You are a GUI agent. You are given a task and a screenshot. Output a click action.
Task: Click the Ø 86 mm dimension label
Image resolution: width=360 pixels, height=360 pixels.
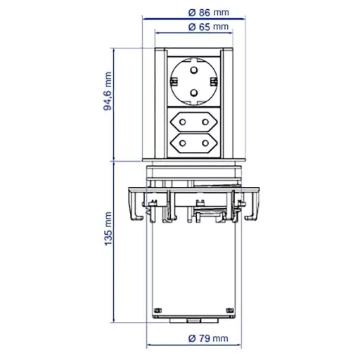pyautogui.click(x=209, y=13)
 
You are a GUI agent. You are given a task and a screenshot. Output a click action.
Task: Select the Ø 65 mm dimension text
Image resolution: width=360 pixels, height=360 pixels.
pyautogui.click(x=208, y=27)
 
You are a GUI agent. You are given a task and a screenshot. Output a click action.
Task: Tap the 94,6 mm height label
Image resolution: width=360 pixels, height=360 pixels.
pyautogui.click(x=108, y=91)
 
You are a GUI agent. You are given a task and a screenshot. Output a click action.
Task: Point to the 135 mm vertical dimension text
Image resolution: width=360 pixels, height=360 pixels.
pyautogui.click(x=108, y=229)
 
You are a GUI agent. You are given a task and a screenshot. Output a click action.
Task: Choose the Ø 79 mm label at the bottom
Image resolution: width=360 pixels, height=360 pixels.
pyautogui.click(x=208, y=338)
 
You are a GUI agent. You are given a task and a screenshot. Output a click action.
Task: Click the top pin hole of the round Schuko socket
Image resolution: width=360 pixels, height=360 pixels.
pyautogui.click(x=193, y=70)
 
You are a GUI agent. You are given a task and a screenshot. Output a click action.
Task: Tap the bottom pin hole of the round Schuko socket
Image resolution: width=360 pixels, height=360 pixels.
pyautogui.click(x=194, y=93)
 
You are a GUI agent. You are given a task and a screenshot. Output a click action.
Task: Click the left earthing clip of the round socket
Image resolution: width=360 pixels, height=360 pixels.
pyautogui.click(x=174, y=82)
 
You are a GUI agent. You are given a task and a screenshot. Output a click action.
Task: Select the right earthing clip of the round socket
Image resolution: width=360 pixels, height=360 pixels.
pyautogui.click(x=214, y=82)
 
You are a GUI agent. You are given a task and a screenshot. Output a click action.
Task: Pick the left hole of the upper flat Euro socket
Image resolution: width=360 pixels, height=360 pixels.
pyautogui.click(x=182, y=122)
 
